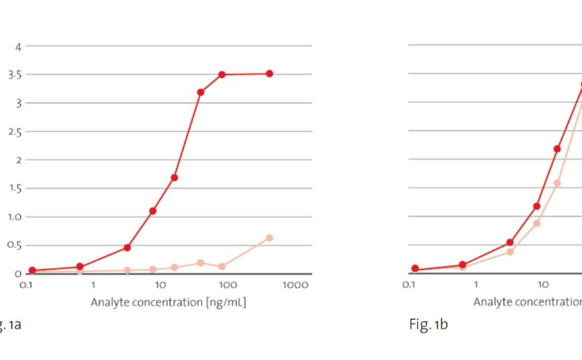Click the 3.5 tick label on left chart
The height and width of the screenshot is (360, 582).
[x=15, y=74]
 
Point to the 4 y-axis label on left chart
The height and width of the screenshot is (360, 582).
[x=18, y=46]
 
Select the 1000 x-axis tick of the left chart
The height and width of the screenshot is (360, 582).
[x=297, y=286]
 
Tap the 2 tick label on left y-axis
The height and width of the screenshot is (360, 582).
[x=18, y=160]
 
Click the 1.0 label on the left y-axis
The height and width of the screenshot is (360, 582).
[x=15, y=217]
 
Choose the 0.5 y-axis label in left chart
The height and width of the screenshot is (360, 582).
[x=15, y=245]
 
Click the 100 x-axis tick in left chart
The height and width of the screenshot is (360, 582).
[x=228, y=286]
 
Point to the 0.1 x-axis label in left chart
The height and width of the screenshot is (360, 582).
[x=26, y=286]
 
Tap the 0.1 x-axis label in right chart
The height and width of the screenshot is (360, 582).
[x=410, y=286]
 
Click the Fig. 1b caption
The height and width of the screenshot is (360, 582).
[x=428, y=324]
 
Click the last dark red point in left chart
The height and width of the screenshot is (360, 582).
[x=269, y=74]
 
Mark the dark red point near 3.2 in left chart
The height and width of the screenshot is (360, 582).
[x=200, y=92]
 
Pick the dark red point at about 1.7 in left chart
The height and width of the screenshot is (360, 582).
[x=174, y=177]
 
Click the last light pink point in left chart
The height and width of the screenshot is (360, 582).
[x=269, y=238]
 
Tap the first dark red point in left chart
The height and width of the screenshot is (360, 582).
[x=32, y=270]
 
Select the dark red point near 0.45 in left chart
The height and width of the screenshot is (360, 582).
[x=127, y=248]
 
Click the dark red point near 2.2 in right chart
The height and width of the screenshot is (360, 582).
[x=557, y=149]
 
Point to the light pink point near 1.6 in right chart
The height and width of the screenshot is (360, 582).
[x=557, y=183]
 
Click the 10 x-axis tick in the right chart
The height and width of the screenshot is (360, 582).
[x=544, y=286]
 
